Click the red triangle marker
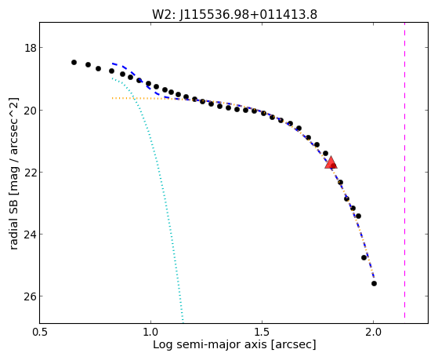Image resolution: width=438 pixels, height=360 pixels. pos(331,162)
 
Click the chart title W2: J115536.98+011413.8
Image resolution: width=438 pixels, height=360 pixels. pos(234,14)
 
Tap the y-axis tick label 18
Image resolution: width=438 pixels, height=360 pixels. pos(31,48)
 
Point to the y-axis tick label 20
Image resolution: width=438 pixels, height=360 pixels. pos(31,110)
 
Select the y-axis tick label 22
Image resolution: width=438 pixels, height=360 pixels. pos(31,172)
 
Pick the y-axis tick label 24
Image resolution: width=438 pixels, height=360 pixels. pos(31,235)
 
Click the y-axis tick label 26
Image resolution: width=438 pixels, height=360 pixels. pos(31,296)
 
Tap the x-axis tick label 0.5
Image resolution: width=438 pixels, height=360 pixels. pos(40,332)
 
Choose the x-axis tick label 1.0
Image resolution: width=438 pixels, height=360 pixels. pos(151,332)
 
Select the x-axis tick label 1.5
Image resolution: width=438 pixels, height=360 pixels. pos(262,332)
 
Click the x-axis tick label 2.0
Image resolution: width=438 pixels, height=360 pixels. pos(373,332)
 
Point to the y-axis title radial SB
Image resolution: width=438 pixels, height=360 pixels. pos(13,221)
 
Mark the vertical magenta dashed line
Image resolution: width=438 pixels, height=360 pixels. pos(404,170)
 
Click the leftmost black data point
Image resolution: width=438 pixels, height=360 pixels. pos(74,62)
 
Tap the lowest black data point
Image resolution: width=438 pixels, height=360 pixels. pos(374,284)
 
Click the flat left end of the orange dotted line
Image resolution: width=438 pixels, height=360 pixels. pos(113,98)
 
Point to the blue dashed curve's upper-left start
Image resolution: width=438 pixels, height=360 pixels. pos(113,64)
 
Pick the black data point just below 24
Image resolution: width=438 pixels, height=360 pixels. pos(364,257)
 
